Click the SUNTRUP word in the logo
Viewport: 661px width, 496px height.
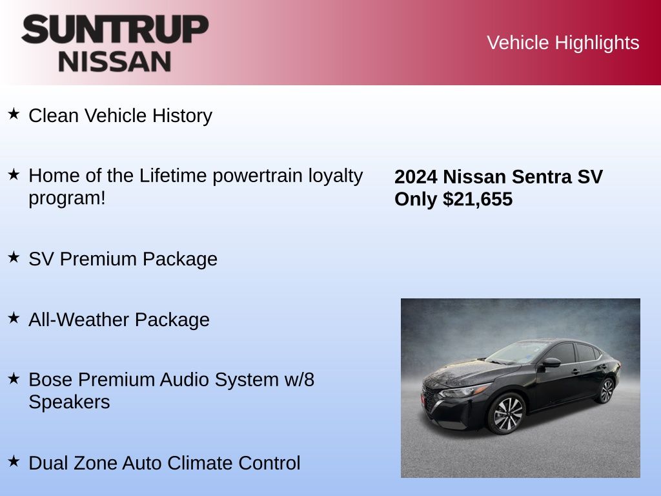(115, 30)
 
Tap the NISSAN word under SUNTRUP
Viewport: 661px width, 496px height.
(115, 61)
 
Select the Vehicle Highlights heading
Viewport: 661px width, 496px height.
(563, 43)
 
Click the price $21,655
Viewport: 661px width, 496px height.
(478, 200)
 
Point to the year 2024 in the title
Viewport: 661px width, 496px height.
(416, 177)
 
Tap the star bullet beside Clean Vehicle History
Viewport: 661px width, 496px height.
(14, 114)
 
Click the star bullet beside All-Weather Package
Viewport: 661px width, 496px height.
(14, 318)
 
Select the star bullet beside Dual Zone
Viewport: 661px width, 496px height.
(14, 462)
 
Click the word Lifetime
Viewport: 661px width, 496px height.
(174, 176)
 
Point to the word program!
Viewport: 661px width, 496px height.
(66, 198)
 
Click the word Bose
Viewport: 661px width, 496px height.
(49, 379)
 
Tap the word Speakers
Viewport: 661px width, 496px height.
(69, 402)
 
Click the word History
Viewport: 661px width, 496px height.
(182, 116)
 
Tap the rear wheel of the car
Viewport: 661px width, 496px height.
(606, 390)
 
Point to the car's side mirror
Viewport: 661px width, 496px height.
(551, 362)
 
